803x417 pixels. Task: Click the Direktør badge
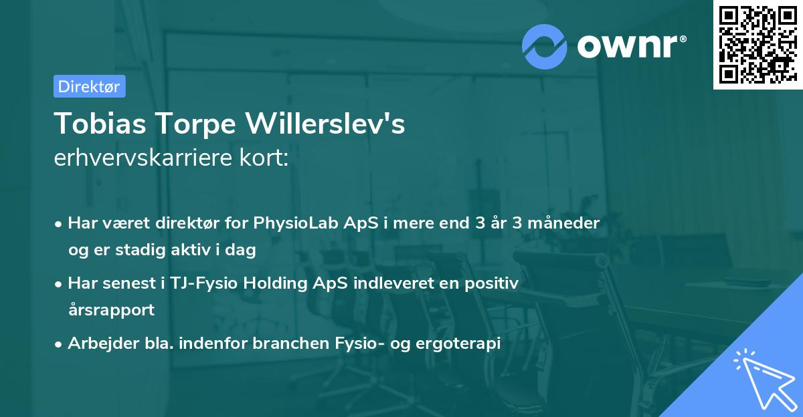(x=89, y=86)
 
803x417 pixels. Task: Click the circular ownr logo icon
(x=545, y=46)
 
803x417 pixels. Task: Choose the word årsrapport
(x=111, y=309)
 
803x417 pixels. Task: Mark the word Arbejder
(x=98, y=343)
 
